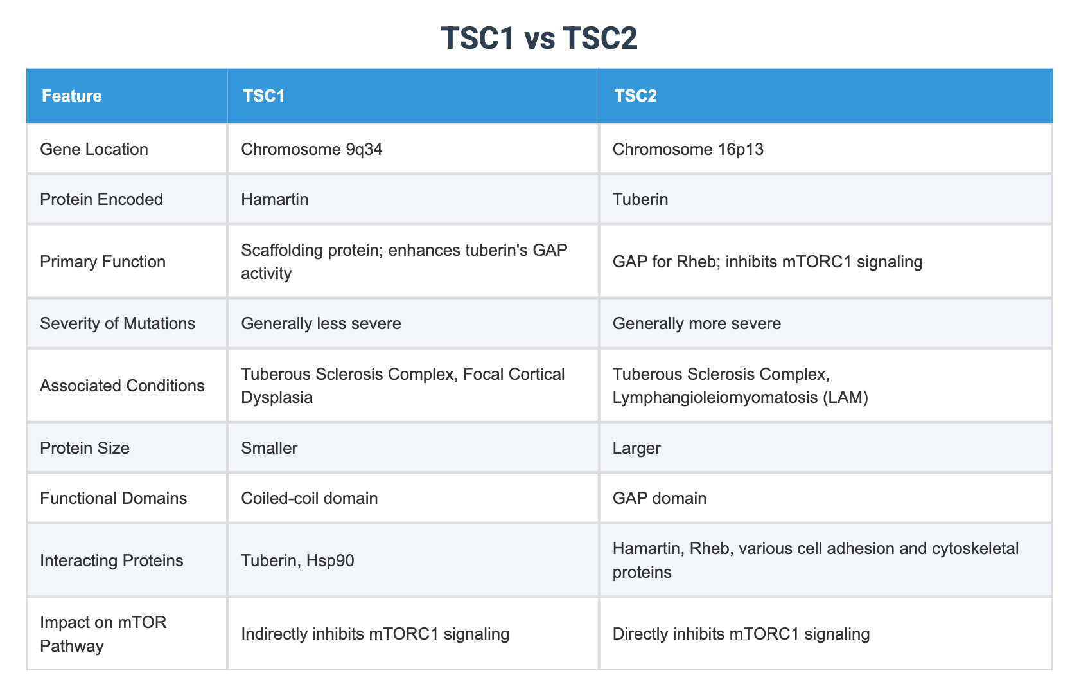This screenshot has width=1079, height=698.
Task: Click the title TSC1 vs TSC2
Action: coord(539,38)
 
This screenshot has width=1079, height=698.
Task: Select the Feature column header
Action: coord(72,96)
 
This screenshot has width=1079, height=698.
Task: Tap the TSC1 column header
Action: coord(263,96)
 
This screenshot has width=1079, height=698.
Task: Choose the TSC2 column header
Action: coord(635,96)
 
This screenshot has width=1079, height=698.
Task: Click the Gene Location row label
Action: coord(94,149)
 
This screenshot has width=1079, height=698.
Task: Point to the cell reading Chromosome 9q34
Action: coord(311,149)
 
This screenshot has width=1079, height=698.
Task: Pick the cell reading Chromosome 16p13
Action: coord(688,149)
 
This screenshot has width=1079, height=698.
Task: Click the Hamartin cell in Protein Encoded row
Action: coord(275,199)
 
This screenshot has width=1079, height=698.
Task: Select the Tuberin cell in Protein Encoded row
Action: coord(640,199)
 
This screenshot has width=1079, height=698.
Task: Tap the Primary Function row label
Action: coord(103,262)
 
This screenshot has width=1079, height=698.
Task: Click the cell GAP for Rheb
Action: coord(768,262)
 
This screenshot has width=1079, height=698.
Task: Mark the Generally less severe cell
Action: coord(321,323)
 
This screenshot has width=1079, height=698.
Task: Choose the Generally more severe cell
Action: coord(696,323)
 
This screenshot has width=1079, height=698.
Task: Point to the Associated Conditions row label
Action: coord(122,386)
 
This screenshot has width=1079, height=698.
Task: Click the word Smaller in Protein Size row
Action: coord(269,449)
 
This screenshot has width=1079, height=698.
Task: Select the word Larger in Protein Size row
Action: coord(636,449)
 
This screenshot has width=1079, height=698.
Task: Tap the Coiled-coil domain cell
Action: coord(310,499)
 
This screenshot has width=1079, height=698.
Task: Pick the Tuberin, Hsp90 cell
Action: coord(297,560)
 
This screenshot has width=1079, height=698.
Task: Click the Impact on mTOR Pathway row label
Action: coord(103,634)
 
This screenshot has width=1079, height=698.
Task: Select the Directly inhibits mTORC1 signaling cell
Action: coord(741,634)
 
